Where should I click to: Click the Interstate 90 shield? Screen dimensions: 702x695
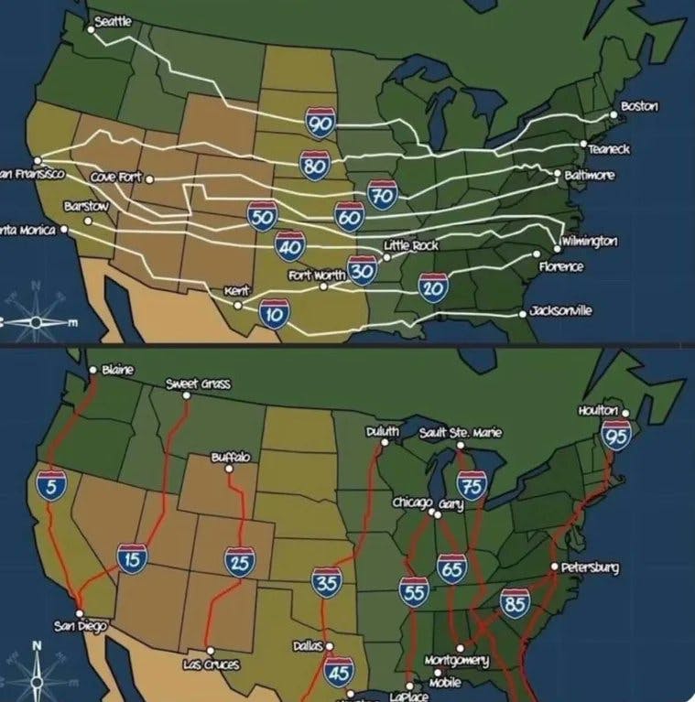(x=321, y=122)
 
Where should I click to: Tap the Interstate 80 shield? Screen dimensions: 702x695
(x=314, y=165)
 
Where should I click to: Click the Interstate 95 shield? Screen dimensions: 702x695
(x=617, y=437)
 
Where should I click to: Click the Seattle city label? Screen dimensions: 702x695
(x=113, y=21)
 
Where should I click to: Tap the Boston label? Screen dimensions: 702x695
(x=639, y=107)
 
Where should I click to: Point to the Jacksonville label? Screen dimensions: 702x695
(x=561, y=311)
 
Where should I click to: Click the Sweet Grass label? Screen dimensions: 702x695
(x=198, y=383)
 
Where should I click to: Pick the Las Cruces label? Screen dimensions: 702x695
(x=211, y=664)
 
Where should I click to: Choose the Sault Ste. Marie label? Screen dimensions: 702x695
(x=461, y=431)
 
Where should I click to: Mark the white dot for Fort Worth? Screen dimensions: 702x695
(x=323, y=286)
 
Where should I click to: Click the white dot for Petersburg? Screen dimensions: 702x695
(x=555, y=567)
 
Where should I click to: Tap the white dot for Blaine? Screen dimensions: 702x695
(x=92, y=370)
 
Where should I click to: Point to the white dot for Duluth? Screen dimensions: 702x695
(x=386, y=442)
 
